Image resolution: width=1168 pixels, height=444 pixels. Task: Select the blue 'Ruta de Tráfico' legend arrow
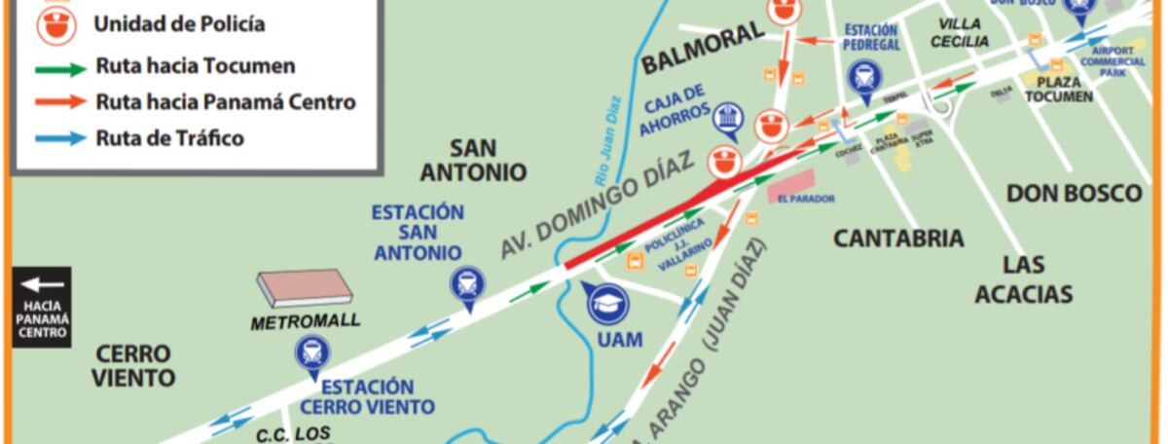click(x=60, y=138)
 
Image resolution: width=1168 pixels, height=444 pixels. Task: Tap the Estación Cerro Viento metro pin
click(x=312, y=354)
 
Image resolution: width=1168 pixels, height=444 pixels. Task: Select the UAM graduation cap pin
click(x=608, y=304)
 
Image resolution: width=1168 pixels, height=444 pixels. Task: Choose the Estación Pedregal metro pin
click(x=863, y=76)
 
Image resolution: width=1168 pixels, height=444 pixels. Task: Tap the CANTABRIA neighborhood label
click(x=898, y=238)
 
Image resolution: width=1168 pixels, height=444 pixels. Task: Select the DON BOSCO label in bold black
click(x=1074, y=193)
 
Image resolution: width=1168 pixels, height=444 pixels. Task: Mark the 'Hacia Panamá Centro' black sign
click(x=42, y=306)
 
